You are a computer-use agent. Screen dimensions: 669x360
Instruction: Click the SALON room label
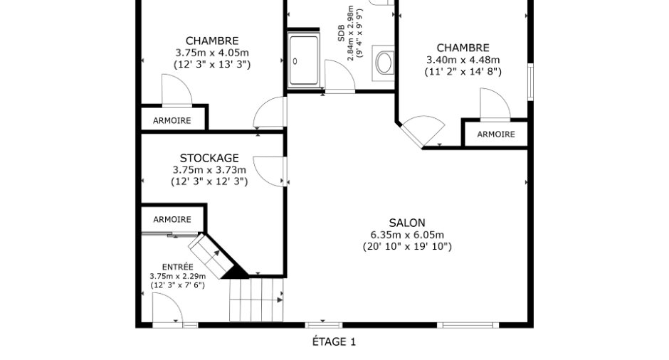[x=407, y=223]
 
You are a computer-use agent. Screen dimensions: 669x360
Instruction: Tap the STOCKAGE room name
[x=209, y=158]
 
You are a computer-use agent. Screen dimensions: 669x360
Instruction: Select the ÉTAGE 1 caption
[x=334, y=342]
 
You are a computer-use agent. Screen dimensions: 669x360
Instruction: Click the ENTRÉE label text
[x=177, y=267]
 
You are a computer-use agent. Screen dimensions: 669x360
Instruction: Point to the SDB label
[x=341, y=33]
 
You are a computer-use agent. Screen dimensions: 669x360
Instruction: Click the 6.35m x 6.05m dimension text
[x=407, y=235]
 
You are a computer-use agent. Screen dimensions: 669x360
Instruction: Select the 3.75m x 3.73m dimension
[x=209, y=170]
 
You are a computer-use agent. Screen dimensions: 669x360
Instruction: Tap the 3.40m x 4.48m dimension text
[x=463, y=60]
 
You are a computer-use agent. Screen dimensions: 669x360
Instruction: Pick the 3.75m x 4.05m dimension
[x=212, y=53]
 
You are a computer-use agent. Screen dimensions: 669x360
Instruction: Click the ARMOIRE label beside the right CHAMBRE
[x=496, y=134]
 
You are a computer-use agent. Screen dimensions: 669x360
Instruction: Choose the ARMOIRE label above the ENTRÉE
[x=172, y=219]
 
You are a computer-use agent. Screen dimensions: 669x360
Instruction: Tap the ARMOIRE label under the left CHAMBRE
[x=172, y=121]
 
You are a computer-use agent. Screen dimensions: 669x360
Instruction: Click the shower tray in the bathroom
[x=304, y=60]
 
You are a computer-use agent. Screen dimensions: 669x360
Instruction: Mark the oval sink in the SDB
[x=384, y=63]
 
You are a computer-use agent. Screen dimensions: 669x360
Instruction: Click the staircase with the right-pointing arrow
[x=256, y=300]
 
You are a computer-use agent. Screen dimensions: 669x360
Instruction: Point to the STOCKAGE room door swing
[x=270, y=171]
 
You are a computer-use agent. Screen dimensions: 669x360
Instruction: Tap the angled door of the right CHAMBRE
[x=424, y=130]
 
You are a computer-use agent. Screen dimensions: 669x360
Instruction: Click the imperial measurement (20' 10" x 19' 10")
[x=407, y=247]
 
